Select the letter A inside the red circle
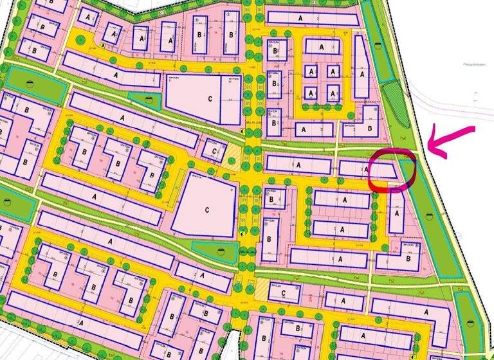coord(367,169)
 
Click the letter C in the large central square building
coord(207,210)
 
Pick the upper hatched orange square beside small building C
coord(232,154)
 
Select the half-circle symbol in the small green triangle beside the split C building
coord(150,98)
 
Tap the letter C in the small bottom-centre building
coord(283,292)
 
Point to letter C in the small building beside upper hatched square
coord(214,150)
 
